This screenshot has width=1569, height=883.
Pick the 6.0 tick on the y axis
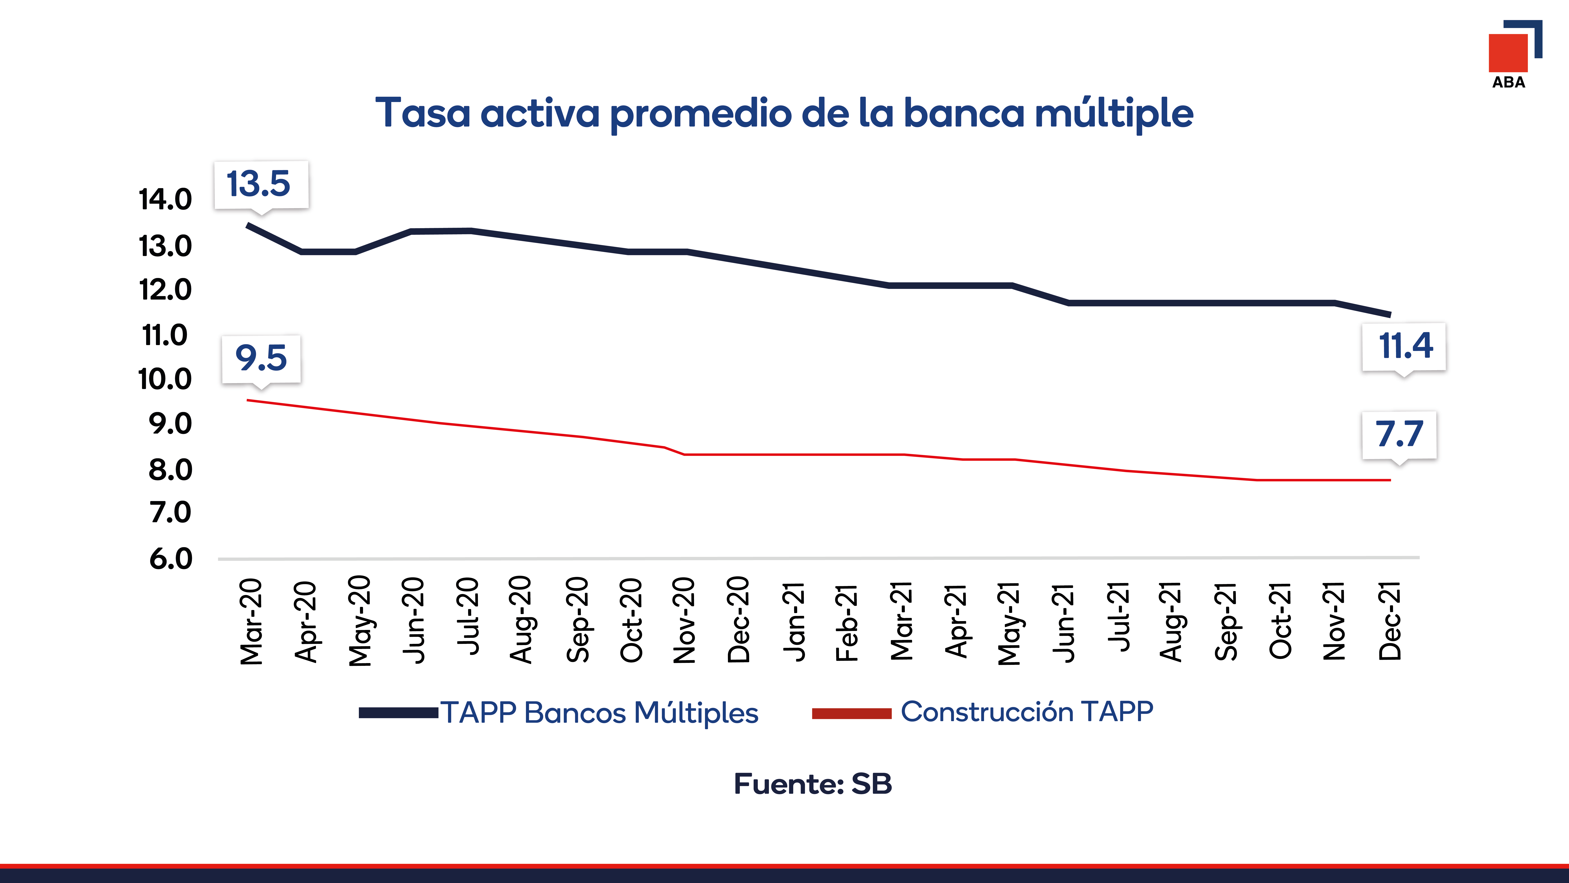[x=171, y=559]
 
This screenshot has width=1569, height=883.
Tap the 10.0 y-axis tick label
[x=165, y=379]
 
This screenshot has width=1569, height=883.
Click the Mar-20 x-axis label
[x=251, y=621]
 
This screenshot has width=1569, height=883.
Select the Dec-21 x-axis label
[x=1390, y=621]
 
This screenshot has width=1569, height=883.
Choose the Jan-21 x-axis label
[x=794, y=621]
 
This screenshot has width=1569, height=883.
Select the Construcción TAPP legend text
[x=1027, y=711]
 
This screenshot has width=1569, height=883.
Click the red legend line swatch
[x=851, y=713]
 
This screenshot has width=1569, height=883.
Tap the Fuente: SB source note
[x=812, y=784]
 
